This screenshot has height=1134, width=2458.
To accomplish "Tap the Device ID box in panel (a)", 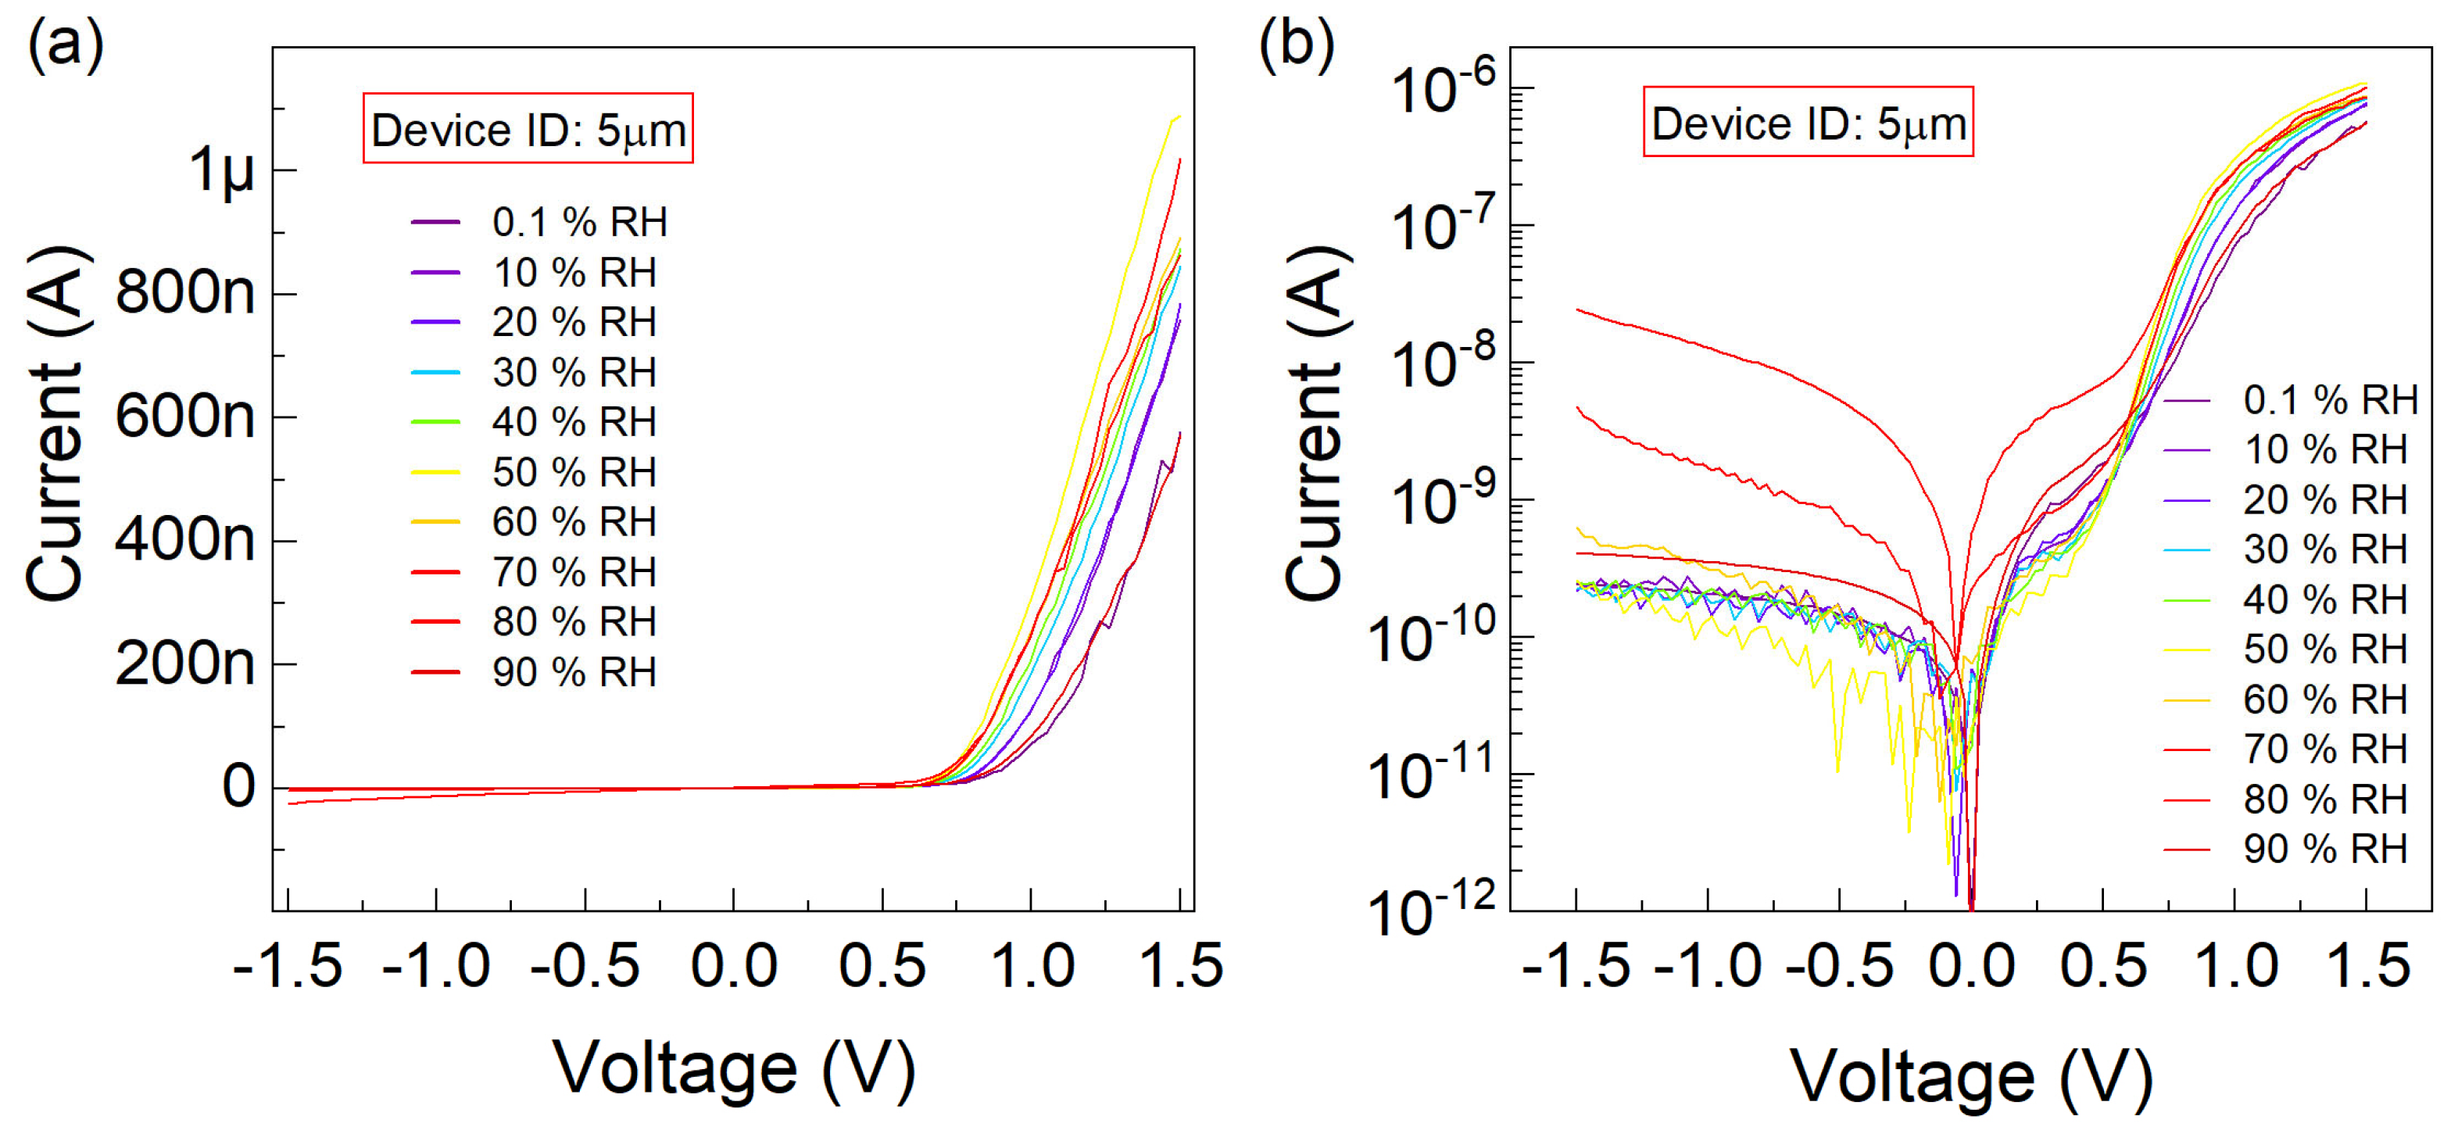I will (528, 129).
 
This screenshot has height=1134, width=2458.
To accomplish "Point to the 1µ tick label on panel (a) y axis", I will (222, 172).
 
